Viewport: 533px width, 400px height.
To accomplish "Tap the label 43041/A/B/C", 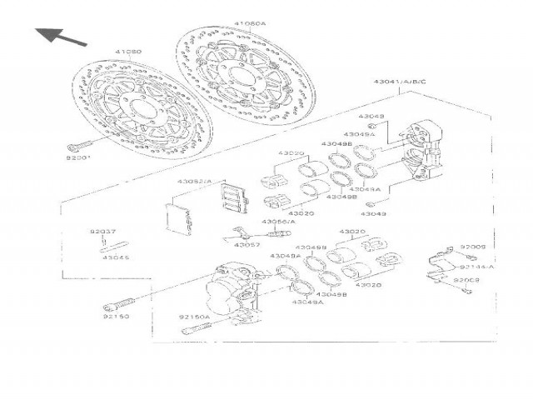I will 400,81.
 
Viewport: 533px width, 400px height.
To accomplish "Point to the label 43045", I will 116,257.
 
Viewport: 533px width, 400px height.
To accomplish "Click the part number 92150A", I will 193,317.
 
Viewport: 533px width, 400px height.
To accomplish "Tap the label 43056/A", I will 278,222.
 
